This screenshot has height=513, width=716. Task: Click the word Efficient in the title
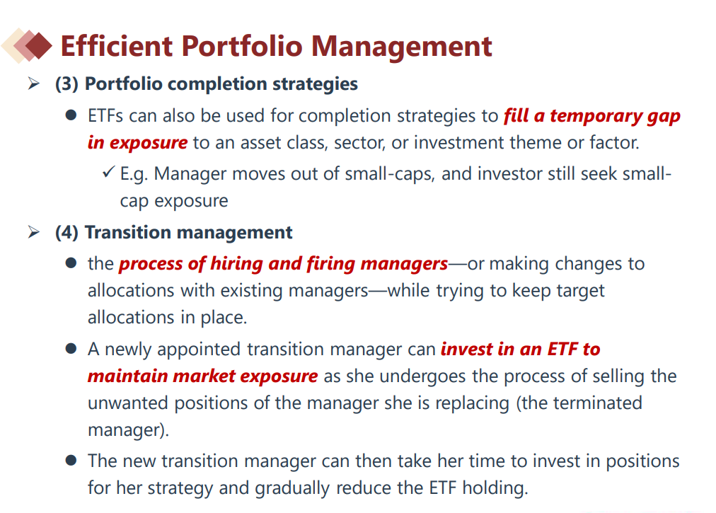pos(117,46)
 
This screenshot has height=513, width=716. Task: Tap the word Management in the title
pos(401,47)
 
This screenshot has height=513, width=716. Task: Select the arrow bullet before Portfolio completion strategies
pos(33,83)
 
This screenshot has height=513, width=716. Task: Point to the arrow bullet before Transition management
pos(33,232)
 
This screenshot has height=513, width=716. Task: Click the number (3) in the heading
pos(67,84)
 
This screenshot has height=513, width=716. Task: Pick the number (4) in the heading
pos(67,233)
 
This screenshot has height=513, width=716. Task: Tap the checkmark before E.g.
pos(108,172)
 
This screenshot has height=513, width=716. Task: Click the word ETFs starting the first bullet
pos(105,115)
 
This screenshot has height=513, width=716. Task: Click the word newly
pos(128,349)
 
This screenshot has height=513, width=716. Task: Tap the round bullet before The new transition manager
pos(71,460)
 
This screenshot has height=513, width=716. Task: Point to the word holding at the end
pos(495,488)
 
